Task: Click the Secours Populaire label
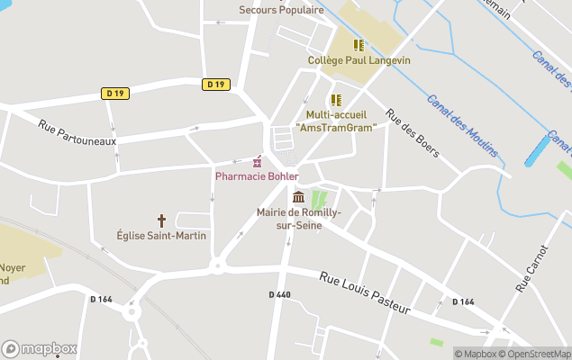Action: click(x=281, y=10)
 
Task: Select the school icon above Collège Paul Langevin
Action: click(x=359, y=45)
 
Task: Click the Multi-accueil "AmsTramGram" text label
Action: click(x=335, y=121)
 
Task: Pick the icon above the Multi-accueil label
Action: click(x=335, y=100)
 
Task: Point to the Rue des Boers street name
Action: click(x=412, y=133)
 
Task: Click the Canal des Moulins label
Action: click(x=462, y=126)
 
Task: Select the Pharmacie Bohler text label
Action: click(x=257, y=175)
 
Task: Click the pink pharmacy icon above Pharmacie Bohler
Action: click(x=258, y=161)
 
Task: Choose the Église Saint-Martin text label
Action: click(x=161, y=235)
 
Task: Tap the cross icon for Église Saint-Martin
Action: click(x=162, y=220)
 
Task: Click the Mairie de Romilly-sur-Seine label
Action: click(x=299, y=218)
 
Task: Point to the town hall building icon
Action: click(x=298, y=197)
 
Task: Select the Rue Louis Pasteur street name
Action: click(x=365, y=293)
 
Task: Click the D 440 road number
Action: click(x=280, y=294)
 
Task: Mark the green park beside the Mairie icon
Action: click(x=318, y=200)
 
